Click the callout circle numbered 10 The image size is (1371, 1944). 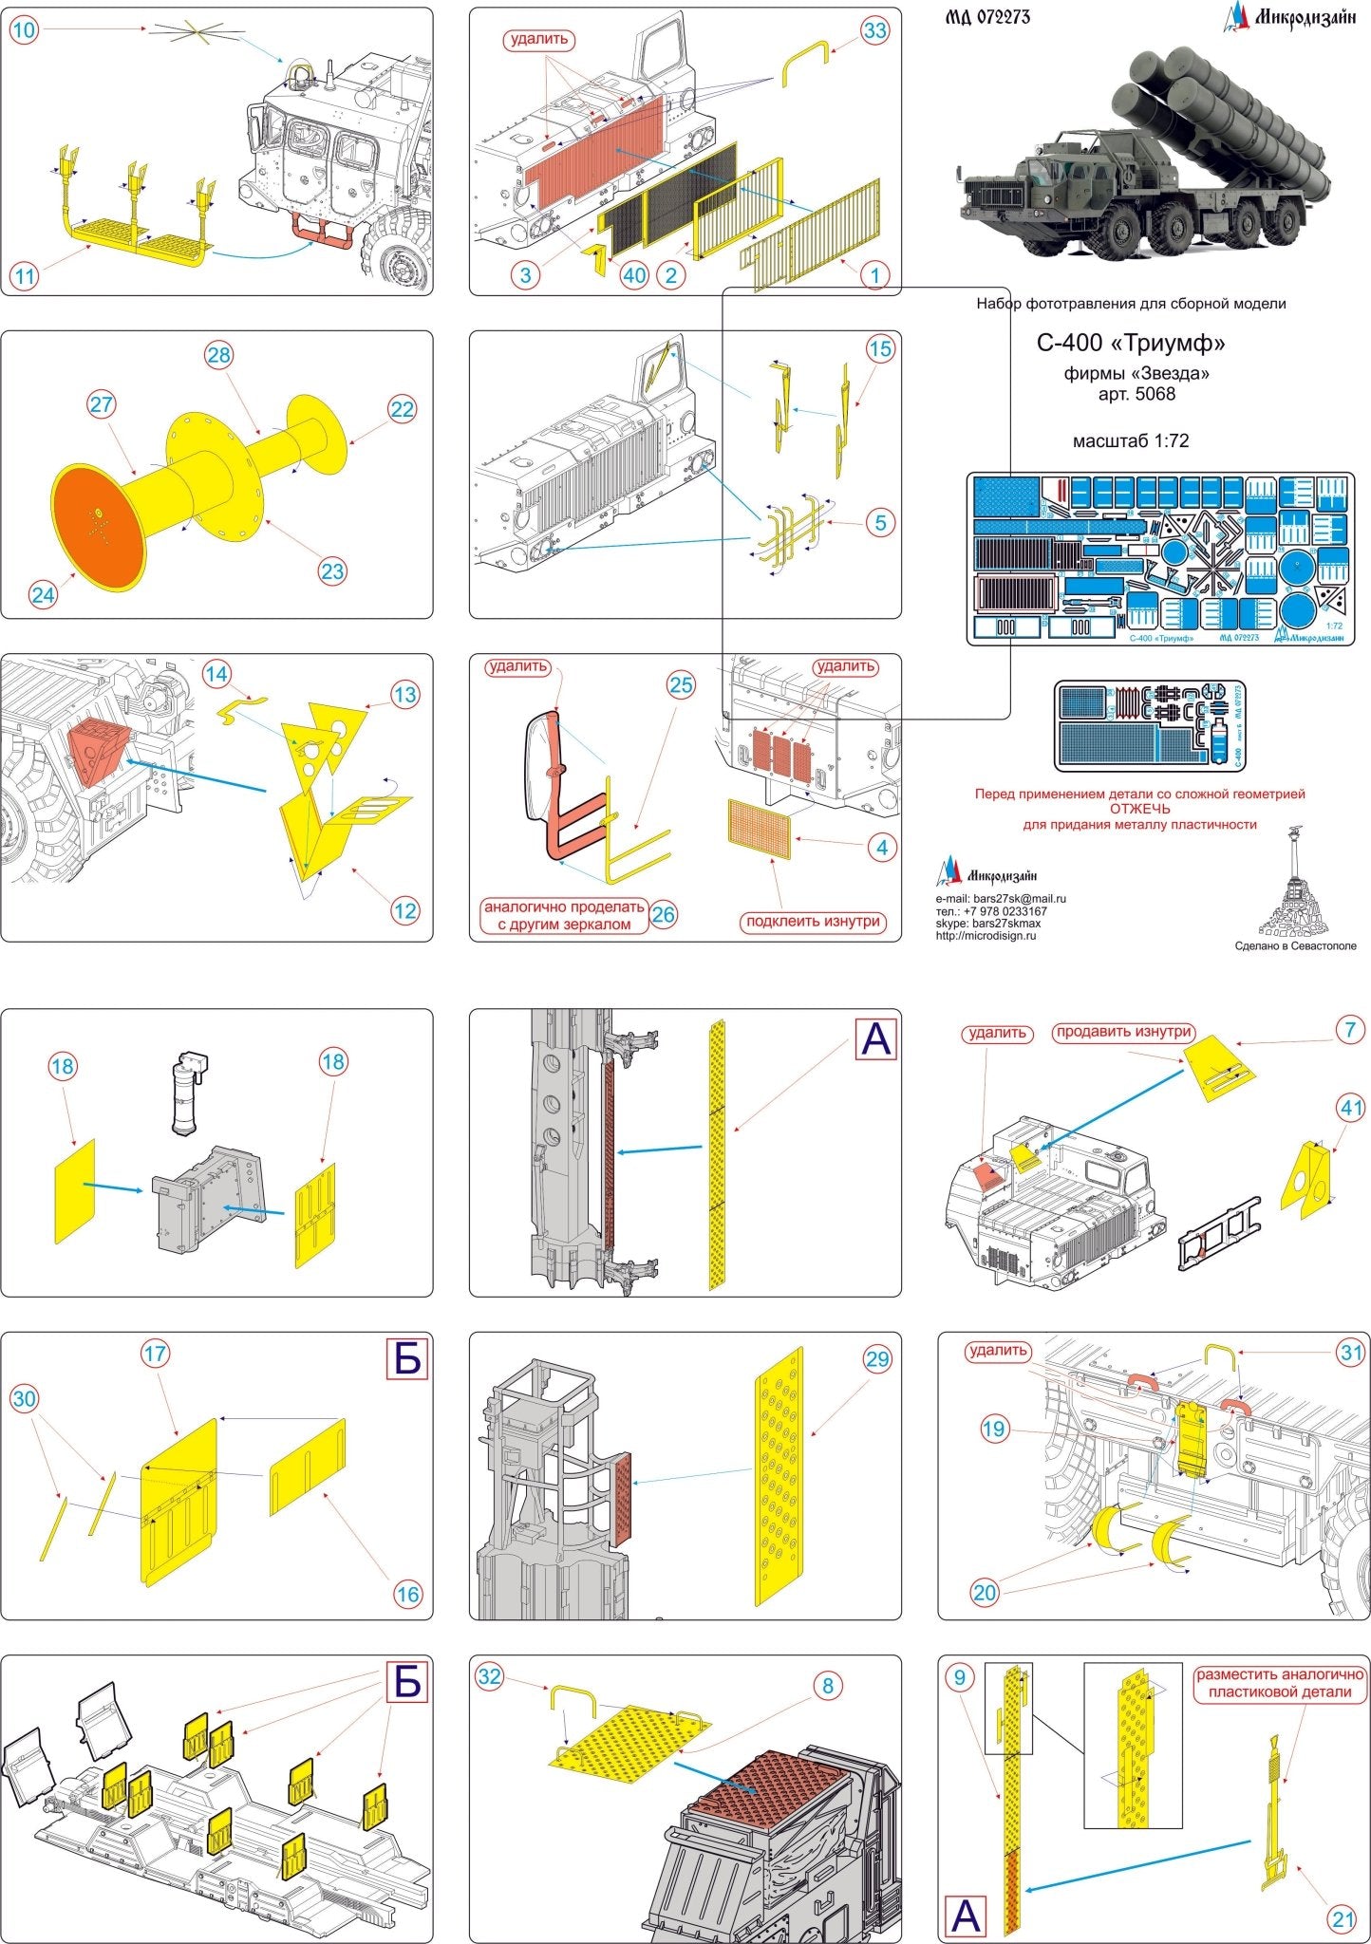pos(24,30)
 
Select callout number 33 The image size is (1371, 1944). pos(874,30)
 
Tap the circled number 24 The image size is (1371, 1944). pos(44,595)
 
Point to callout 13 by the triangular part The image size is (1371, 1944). pos(404,695)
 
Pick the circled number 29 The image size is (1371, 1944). pos(877,1359)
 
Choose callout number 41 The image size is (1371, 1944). pos(1351,1107)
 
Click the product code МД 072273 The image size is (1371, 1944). pos(988,17)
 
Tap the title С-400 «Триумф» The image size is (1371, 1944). pos(1136,342)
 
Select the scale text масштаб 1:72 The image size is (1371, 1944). pos(1130,440)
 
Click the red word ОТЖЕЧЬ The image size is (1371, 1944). pos(1139,809)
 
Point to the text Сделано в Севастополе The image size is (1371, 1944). pos(1295,945)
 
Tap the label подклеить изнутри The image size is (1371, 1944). pos(814,921)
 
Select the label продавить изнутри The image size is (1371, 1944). pos(1123,1032)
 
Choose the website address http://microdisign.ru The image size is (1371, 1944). pos(986,936)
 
